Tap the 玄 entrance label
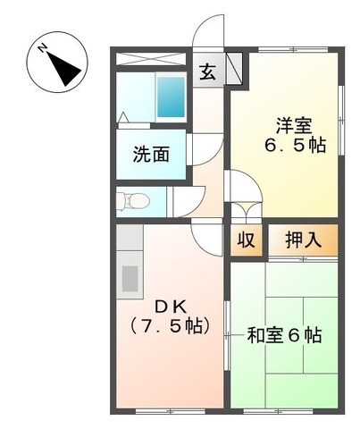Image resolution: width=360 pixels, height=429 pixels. [x=206, y=71]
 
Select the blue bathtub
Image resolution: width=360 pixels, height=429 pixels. [x=171, y=96]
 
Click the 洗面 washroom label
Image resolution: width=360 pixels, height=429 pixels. [x=151, y=154]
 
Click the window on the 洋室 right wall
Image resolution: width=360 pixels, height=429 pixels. [x=343, y=111]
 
